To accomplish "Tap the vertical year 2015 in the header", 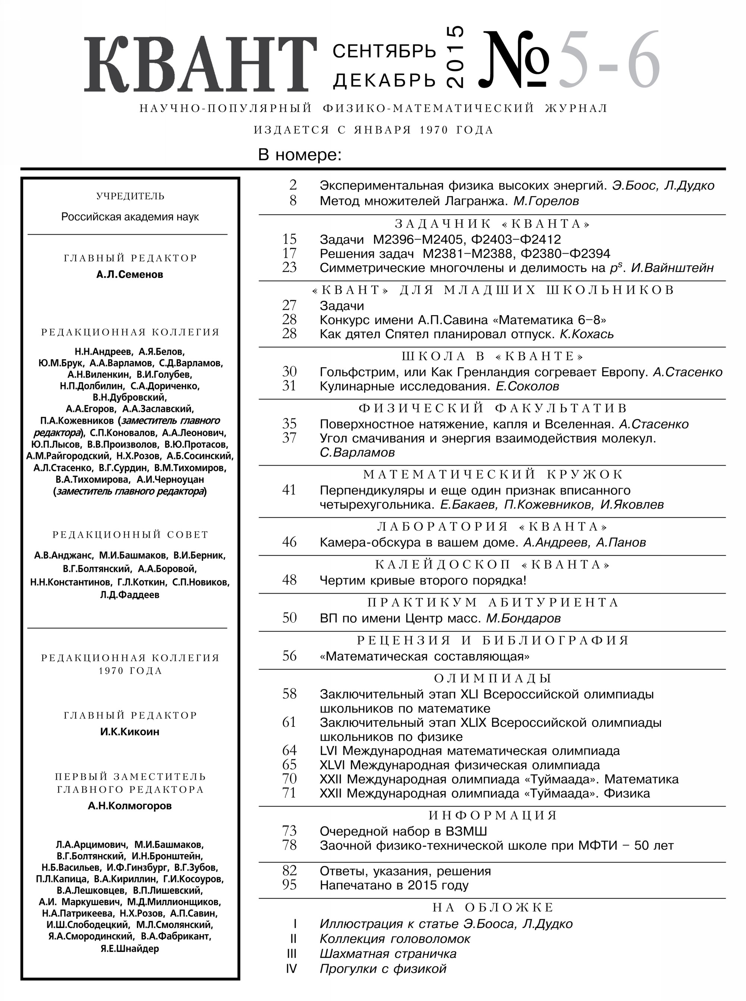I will (455, 57).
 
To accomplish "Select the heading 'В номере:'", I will (300, 155).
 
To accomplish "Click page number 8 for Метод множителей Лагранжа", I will (293, 201).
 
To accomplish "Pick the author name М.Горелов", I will (546, 201).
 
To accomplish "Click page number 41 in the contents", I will (289, 490).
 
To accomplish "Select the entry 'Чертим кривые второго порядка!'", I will (423, 581).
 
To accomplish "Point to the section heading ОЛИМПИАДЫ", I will (493, 679).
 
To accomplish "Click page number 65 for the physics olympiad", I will (289, 765).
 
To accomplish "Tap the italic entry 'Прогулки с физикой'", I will (383, 969).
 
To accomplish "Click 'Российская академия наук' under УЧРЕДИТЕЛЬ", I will (130, 217).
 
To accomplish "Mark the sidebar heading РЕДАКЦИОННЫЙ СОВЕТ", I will (130, 535).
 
